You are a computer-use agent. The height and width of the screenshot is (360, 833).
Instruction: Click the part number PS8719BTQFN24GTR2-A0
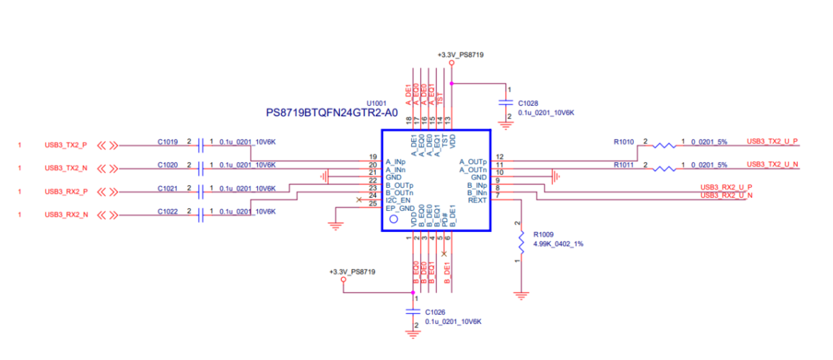coord(331,113)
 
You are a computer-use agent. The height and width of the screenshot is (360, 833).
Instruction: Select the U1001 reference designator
coord(377,103)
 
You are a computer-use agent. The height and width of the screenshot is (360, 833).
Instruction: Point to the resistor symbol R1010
coord(665,145)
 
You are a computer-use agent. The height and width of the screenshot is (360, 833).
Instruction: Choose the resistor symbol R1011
coord(665,168)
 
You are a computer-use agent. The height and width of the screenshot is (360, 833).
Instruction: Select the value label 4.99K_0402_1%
coord(558,244)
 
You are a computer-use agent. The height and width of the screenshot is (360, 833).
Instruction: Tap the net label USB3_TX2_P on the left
coord(66,145)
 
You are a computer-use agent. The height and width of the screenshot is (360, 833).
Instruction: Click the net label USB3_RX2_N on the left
coord(66,215)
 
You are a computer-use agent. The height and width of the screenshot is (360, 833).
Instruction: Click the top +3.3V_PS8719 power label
coord(460,55)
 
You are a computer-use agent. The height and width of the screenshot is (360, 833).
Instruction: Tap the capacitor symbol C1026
coord(413,311)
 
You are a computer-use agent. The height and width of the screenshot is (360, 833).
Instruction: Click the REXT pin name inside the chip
coord(477,200)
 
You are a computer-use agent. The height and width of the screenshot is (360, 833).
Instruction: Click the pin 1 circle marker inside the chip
coord(393,220)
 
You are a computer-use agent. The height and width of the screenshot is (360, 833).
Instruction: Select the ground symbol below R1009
coord(518,294)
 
